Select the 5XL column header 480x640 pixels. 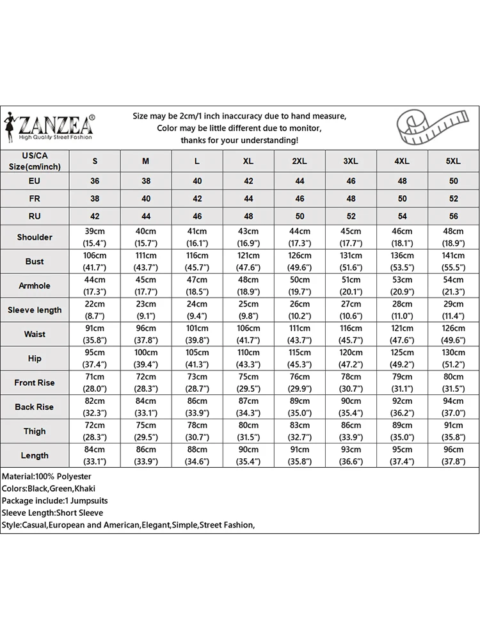point(453,161)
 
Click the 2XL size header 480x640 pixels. point(300,161)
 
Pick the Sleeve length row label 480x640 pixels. point(35,310)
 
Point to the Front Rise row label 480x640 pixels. point(35,383)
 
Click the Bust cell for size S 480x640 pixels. point(95,262)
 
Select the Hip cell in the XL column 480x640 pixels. point(248,358)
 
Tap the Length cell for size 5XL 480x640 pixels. point(453,456)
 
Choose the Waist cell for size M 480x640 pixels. point(146,335)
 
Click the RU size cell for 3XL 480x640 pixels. point(351,217)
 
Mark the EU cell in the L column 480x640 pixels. point(197,181)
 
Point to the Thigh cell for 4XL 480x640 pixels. point(402,431)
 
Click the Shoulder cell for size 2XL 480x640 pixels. point(300,237)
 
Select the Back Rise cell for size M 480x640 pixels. point(146,407)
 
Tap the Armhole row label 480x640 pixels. point(35,286)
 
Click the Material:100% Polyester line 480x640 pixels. point(47,477)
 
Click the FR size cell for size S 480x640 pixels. point(95,199)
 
